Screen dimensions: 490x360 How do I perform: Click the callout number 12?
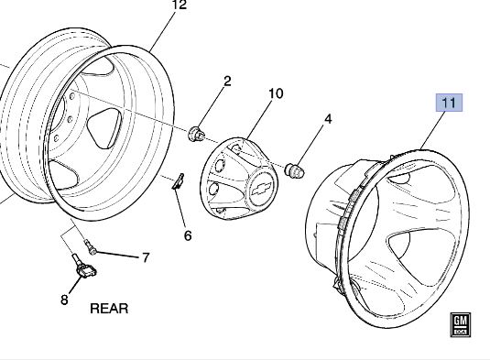(x=180, y=5)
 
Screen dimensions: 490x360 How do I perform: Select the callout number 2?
(x=227, y=81)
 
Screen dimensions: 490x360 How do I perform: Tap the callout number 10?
(x=276, y=93)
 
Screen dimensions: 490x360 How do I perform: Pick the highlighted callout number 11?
(x=450, y=103)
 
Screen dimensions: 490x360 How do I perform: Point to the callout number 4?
(x=328, y=119)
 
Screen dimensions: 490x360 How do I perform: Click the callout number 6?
(x=188, y=236)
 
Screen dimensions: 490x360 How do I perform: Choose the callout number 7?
(x=146, y=257)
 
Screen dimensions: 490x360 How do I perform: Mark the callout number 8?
(x=64, y=300)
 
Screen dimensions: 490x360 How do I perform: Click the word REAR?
(x=109, y=309)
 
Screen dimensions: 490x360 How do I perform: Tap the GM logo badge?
(x=460, y=324)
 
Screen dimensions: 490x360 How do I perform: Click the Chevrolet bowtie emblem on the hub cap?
(x=261, y=189)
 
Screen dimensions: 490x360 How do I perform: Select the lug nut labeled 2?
(x=196, y=134)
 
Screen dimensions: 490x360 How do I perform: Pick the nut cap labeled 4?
(x=294, y=170)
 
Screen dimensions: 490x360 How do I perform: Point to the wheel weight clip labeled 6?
(x=178, y=181)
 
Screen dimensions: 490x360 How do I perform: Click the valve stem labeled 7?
(x=91, y=247)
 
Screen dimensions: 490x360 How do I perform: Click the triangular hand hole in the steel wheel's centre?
(x=104, y=128)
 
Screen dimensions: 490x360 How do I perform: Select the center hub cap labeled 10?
(x=238, y=179)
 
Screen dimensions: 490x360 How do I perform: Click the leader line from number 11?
(x=433, y=130)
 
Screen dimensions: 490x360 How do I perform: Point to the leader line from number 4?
(x=310, y=145)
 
